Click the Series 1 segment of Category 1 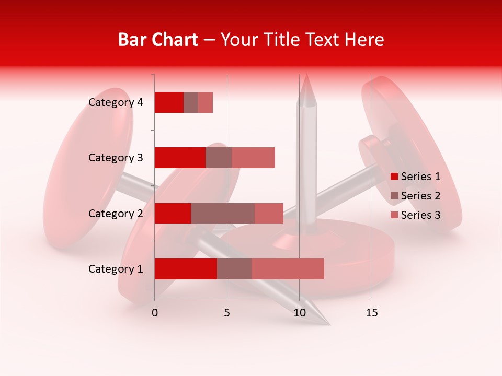pos(186,269)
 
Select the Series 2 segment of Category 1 pos(234,269)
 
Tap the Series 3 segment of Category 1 pos(288,269)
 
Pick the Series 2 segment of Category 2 pos(223,214)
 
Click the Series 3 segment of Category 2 pos(269,214)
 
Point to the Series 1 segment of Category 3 pos(180,158)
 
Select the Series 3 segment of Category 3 pos(253,158)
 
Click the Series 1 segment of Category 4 pos(169,102)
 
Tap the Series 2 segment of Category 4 pos(191,102)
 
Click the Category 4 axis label pos(116,102)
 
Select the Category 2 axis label pos(116,214)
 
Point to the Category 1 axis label pos(116,269)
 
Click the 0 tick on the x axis pos(155,313)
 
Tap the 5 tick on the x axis pos(227,313)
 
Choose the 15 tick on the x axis pos(372,313)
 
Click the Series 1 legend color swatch pos(394,177)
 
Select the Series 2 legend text pos(420,196)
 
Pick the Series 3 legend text pos(420,215)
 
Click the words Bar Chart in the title pos(158,40)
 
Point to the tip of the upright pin pos(306,75)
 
